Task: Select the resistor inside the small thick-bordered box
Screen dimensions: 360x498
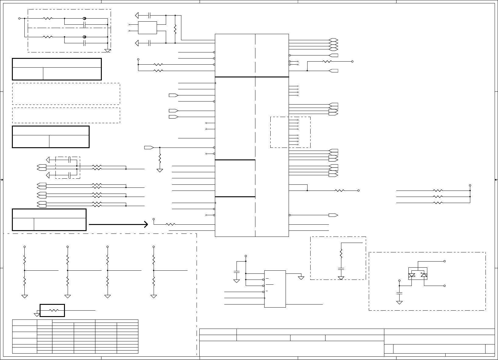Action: [54, 310]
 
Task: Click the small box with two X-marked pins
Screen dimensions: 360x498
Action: [148, 28]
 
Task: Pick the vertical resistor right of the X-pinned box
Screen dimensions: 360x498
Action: [175, 29]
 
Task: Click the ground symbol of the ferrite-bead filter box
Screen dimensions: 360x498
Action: [108, 50]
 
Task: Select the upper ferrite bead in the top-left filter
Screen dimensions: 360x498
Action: [85, 18]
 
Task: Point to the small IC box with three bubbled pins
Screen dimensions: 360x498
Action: [275, 289]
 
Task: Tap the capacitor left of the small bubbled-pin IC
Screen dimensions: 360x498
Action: [237, 271]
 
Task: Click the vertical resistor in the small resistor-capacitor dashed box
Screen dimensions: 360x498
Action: [341, 253]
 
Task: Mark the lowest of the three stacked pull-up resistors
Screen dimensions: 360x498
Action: [438, 203]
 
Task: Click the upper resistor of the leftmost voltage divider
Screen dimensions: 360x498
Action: [24, 260]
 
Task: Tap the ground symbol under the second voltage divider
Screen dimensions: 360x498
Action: [68, 296]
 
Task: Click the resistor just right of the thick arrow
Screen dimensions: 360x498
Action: [170, 225]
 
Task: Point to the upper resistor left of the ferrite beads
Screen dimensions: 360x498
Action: [48, 18]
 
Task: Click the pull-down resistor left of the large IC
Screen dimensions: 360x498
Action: [160, 158]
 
